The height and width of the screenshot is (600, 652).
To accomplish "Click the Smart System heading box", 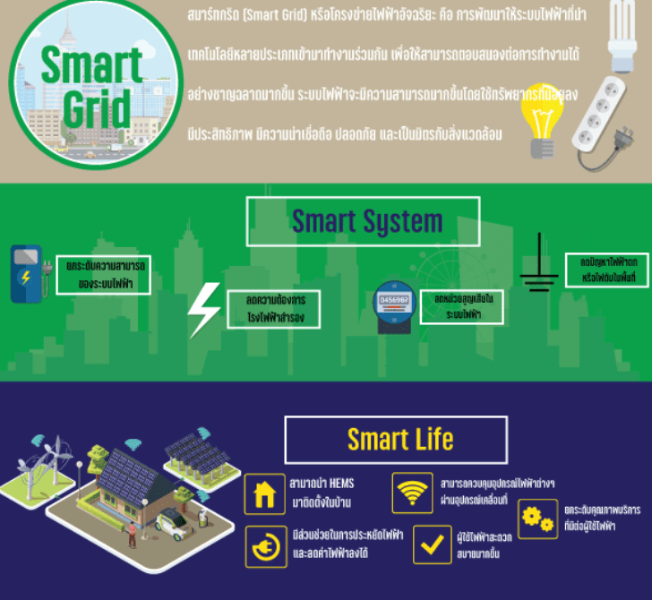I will pos(363,221).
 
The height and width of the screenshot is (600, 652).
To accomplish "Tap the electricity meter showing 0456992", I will pos(394,303).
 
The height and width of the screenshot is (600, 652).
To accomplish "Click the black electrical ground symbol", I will pos(538,264).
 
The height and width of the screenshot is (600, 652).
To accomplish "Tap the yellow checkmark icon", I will pos(432,544).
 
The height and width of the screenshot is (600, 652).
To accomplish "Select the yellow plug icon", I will pos(265,545).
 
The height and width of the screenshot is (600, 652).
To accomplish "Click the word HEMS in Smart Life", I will pos(340,484).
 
